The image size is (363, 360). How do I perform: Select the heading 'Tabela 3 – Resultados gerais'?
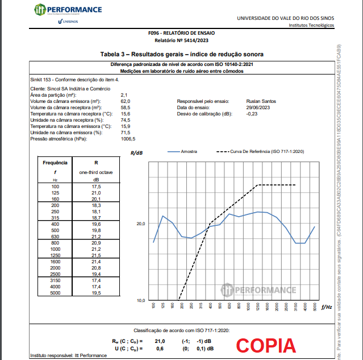pos(182,54)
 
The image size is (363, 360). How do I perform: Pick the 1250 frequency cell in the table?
pos(55,255)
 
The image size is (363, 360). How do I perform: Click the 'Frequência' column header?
pos(55,162)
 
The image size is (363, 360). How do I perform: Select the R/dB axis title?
pos(136,153)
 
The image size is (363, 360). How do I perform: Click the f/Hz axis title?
pos(326,307)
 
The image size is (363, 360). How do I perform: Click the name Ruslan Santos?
pos(257,101)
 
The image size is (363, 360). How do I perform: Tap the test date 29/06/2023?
pos(257,107)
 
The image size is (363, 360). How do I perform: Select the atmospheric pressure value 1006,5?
pos(128,138)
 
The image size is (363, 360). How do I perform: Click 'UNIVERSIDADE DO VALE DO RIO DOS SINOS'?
pos(285,18)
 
